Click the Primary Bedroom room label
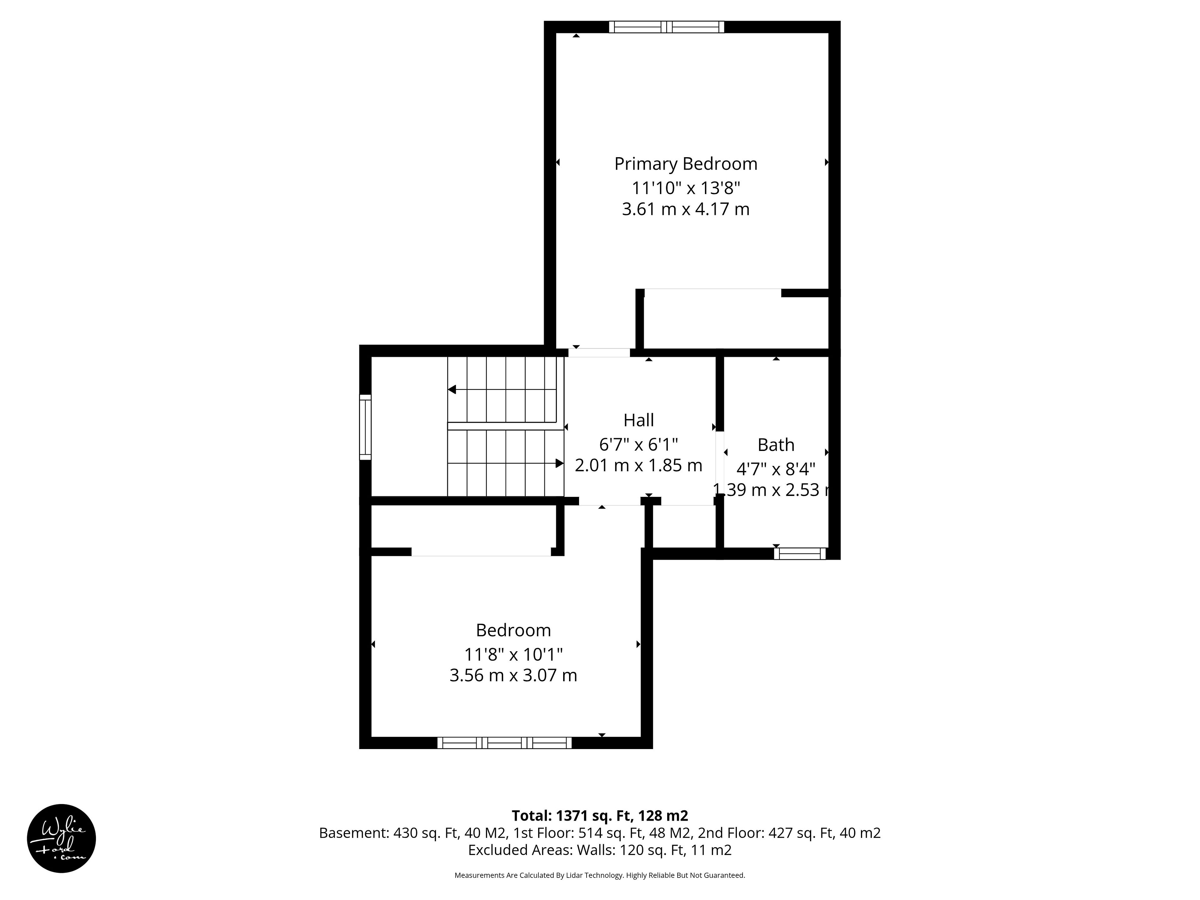coord(686,164)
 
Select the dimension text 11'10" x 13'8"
coord(686,188)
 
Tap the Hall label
coord(638,420)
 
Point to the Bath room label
coord(776,445)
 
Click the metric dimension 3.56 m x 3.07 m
coord(513,675)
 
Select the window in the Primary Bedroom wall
coord(666,27)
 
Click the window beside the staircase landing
coord(365,427)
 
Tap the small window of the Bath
coord(800,553)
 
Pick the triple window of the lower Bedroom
coord(504,743)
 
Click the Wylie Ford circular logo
coord(61,839)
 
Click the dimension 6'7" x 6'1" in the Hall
coord(638,445)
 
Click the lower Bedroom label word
coord(513,630)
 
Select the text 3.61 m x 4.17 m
coord(686,209)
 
